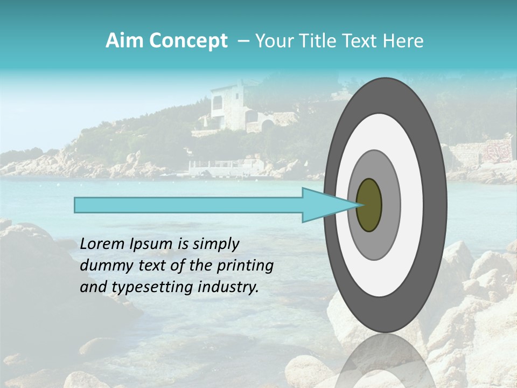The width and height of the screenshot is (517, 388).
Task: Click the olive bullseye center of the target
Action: (369, 205)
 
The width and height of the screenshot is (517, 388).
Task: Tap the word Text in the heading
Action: (363, 41)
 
